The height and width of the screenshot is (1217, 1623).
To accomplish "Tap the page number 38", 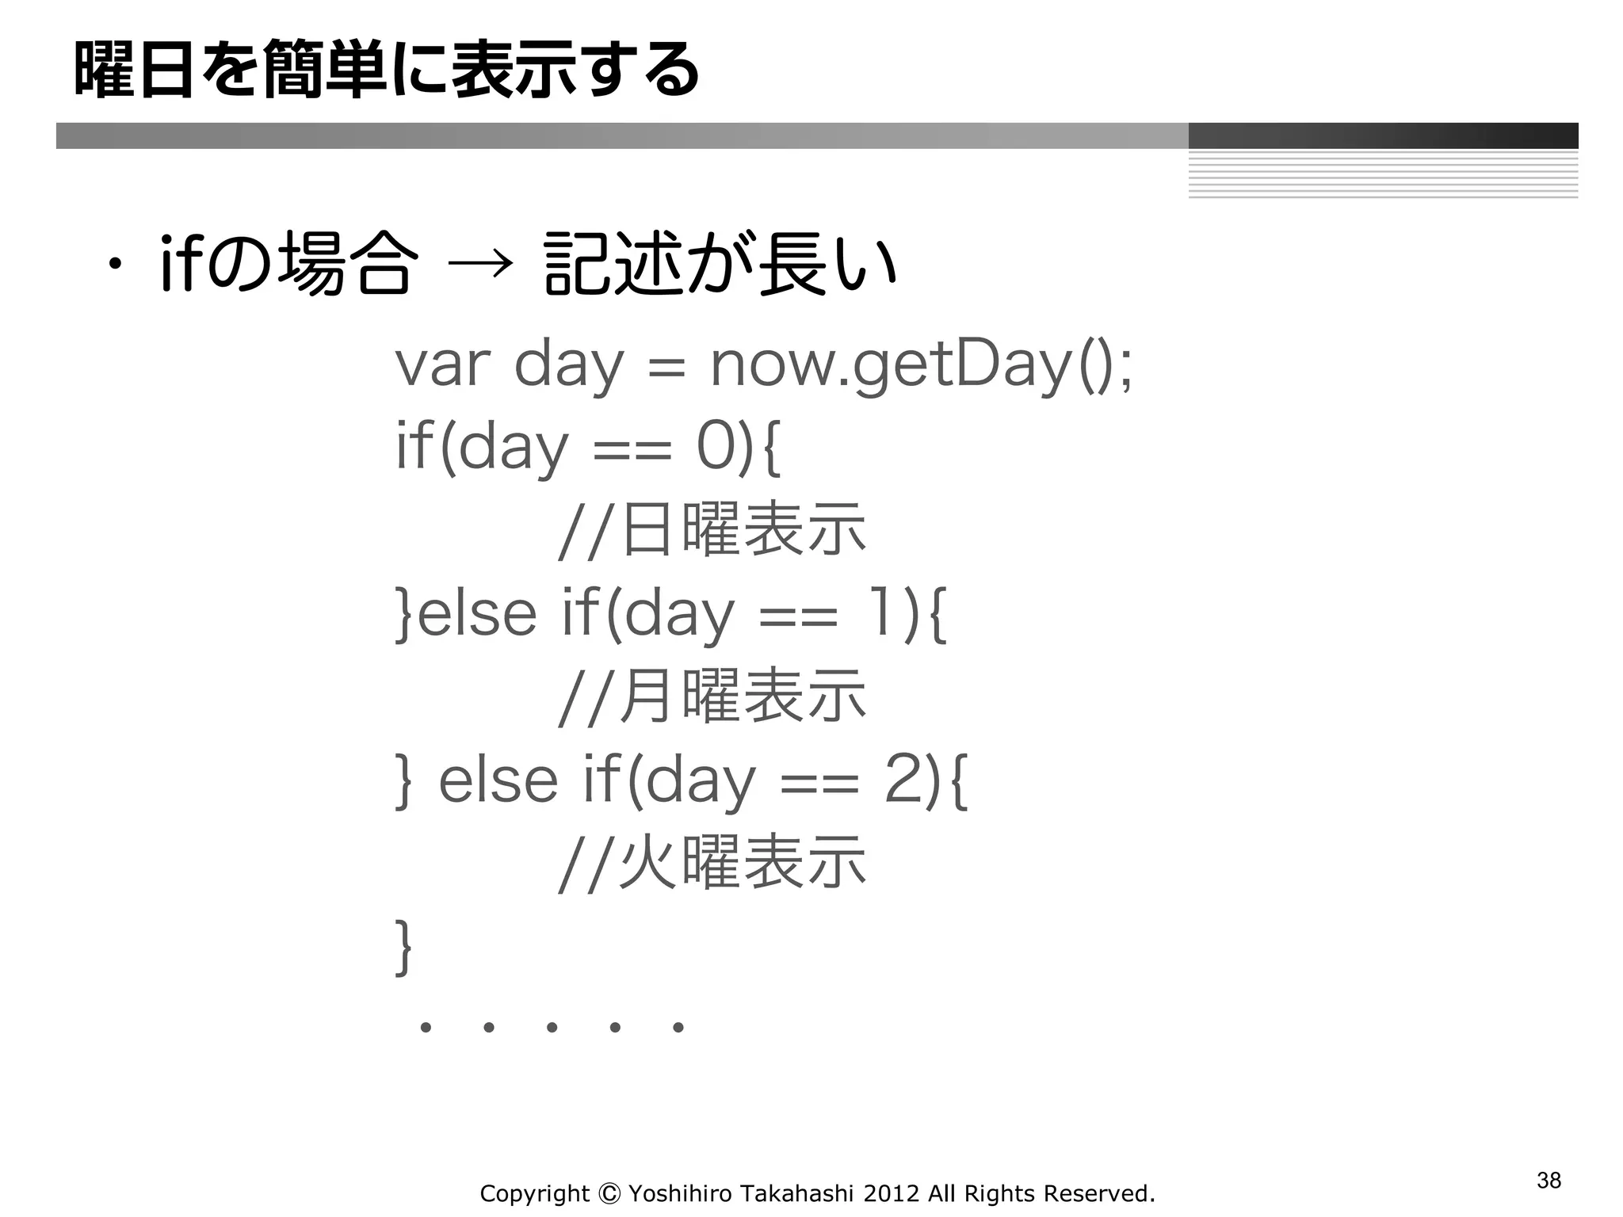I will click(x=1549, y=1181).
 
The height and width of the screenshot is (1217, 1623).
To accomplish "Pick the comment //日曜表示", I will click(x=712, y=530).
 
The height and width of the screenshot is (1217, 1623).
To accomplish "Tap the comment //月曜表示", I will click(x=712, y=696).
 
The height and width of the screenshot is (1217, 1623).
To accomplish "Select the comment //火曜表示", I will click(x=712, y=863).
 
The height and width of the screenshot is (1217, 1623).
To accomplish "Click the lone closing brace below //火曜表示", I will click(x=404, y=947).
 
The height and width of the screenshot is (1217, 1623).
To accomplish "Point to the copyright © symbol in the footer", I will click(x=609, y=1193).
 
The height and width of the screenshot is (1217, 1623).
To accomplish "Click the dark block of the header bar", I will click(x=1383, y=135).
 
